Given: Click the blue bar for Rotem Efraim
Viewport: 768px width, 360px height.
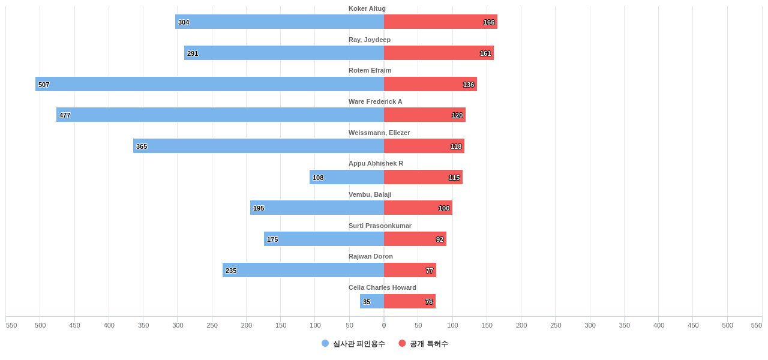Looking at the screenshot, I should (209, 84).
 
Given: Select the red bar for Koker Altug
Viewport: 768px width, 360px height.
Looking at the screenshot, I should (440, 22).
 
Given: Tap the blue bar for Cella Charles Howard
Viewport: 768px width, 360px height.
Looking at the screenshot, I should (372, 301).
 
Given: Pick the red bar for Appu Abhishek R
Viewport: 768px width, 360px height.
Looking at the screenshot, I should (423, 177).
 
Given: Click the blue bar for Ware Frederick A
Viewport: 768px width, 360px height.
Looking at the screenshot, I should (220, 115).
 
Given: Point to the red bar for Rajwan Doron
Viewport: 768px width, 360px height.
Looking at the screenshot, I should (410, 270).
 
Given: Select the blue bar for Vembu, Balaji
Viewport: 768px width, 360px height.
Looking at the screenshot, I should (317, 208).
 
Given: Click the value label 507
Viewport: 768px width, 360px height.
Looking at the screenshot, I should (44, 85).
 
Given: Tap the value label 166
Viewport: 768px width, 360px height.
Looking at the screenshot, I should (489, 22).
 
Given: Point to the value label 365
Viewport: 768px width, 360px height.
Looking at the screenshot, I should (142, 146).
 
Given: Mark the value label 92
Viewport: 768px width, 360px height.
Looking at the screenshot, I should (440, 239).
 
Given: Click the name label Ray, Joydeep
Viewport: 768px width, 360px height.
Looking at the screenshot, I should (370, 40).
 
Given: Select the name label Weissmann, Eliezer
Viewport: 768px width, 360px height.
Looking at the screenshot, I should (379, 133).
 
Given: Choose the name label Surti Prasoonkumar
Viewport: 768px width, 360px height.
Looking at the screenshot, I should (380, 226).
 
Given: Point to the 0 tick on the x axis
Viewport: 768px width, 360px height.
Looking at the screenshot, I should (384, 325).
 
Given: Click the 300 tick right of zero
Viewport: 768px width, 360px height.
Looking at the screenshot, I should (590, 325).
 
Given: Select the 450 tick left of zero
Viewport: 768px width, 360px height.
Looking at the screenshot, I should (74, 325).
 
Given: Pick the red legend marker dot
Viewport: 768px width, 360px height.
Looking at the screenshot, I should (402, 343).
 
